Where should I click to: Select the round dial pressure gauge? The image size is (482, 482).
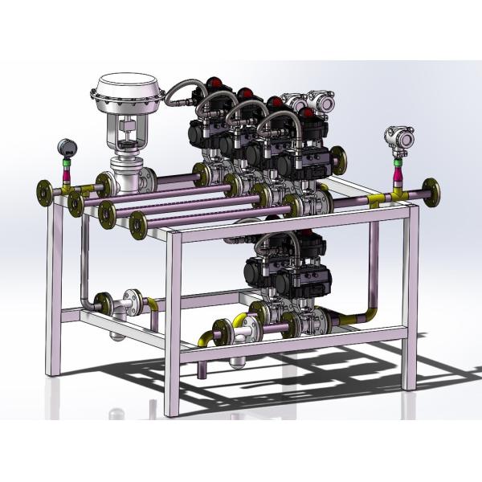(x=66, y=147)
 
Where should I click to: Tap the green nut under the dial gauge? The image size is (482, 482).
(x=66, y=160)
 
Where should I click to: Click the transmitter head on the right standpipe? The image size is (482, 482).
(x=398, y=137)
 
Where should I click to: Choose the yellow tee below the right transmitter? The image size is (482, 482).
(x=397, y=192)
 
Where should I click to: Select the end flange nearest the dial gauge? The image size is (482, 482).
(x=43, y=192)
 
